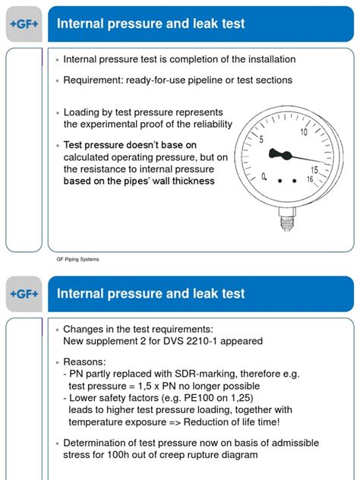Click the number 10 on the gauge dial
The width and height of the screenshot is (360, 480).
[304, 131]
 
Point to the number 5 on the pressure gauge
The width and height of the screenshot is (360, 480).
[261, 140]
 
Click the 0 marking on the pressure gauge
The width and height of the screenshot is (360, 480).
[264, 176]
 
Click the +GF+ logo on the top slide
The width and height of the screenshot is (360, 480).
[24, 24]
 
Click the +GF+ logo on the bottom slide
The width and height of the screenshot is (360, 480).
[24, 293]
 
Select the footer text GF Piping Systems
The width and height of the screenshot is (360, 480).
[77, 259]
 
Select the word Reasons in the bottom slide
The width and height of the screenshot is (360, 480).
[85, 361]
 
